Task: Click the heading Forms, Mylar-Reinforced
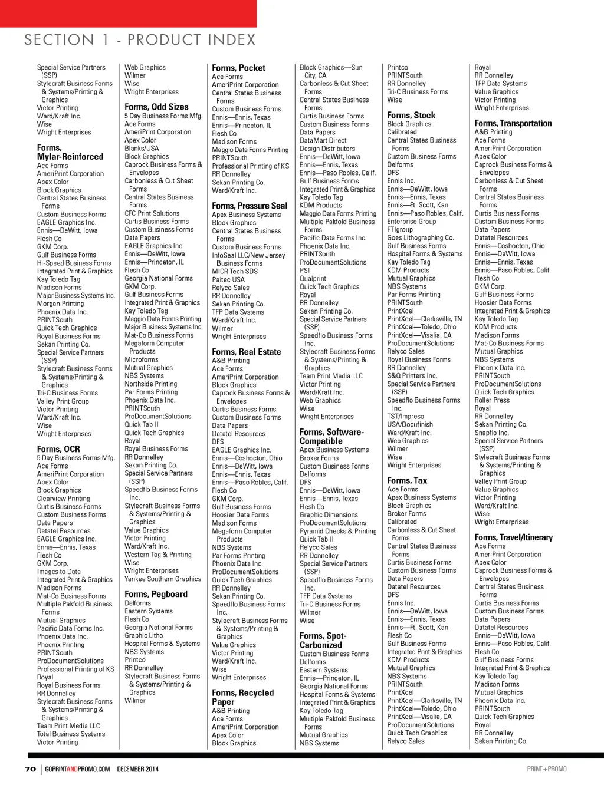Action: point(70,152)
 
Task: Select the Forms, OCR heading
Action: point(58,449)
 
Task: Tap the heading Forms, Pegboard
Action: point(156,594)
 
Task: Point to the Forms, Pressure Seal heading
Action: point(250,206)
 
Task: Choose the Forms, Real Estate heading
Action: point(247,352)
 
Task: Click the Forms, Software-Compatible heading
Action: point(331,436)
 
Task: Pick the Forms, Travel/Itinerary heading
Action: point(513,537)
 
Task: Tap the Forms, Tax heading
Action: point(407,481)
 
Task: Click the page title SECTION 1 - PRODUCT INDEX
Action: point(140,40)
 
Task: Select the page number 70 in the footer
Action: point(30,769)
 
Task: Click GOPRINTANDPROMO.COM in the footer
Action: point(77,769)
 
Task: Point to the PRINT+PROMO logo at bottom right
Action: point(547,769)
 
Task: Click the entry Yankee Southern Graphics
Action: point(163,579)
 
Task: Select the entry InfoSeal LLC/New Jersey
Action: point(248,255)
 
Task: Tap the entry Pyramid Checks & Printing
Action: point(337,531)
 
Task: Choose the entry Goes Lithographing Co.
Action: point(421,237)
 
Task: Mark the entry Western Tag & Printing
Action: point(157,555)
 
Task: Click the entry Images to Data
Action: point(59,572)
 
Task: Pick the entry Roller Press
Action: point(492,400)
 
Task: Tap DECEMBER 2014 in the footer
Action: point(137,769)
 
